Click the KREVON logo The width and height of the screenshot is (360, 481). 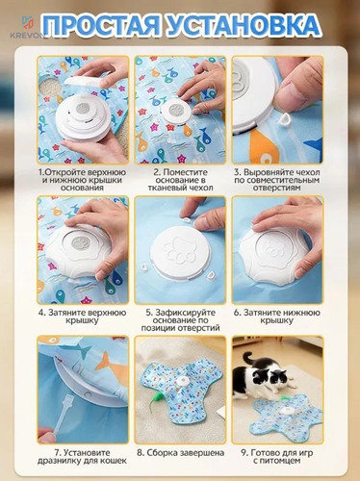point(27,28)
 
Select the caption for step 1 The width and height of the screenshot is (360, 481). point(83,180)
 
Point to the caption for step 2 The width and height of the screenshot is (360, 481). point(181,180)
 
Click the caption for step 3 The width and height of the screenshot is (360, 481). point(277,180)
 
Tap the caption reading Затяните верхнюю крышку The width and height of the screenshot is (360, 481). point(83,316)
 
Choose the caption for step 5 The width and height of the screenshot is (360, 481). point(181,320)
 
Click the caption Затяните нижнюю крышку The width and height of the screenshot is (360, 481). point(277,316)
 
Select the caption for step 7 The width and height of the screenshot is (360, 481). point(83,457)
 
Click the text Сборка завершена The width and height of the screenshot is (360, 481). point(181,453)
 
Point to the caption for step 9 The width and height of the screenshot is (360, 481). point(277,457)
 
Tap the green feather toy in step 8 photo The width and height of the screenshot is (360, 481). point(155,398)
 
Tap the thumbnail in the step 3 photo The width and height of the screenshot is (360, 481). point(291,96)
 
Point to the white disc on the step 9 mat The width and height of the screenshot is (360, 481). point(285,411)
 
